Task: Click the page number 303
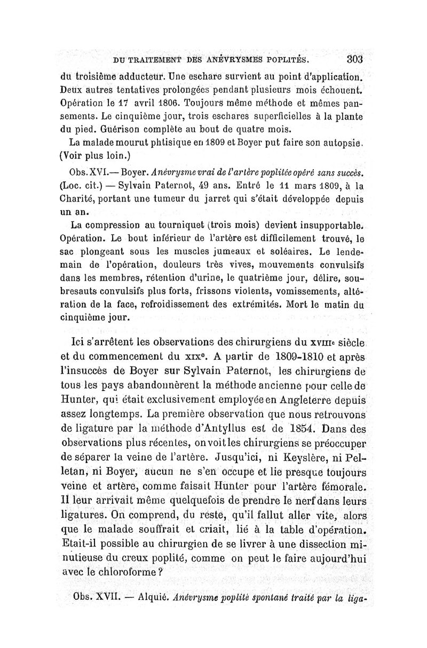click(x=354, y=58)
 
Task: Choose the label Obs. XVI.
click(x=89, y=172)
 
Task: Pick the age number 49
click(x=210, y=186)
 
